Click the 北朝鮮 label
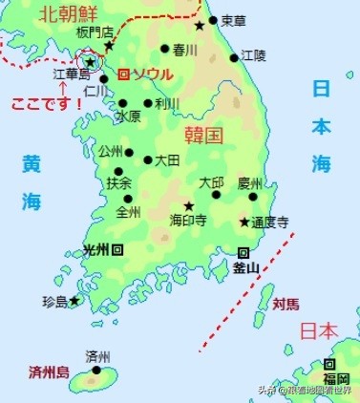(x=68, y=14)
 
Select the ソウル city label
(x=149, y=74)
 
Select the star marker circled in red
(x=90, y=61)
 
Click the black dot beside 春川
(x=165, y=48)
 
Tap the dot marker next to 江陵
(x=234, y=57)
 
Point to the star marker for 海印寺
(x=189, y=205)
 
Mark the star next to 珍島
(x=74, y=301)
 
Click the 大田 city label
(x=167, y=160)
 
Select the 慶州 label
(x=249, y=181)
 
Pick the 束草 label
(x=232, y=20)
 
